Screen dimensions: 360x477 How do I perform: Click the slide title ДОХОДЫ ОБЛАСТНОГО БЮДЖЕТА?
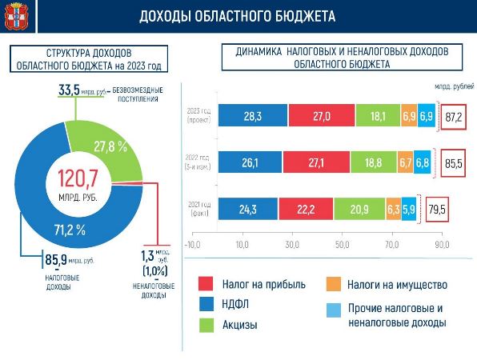237,16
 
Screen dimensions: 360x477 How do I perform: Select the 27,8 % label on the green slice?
111,146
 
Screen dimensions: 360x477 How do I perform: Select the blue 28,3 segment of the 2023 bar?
252,116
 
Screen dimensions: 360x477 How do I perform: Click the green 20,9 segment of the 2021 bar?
359,210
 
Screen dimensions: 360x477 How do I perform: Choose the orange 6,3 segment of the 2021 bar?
393,210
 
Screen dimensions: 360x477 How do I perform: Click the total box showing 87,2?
454,117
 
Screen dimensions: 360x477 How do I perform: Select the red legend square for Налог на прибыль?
206,284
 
